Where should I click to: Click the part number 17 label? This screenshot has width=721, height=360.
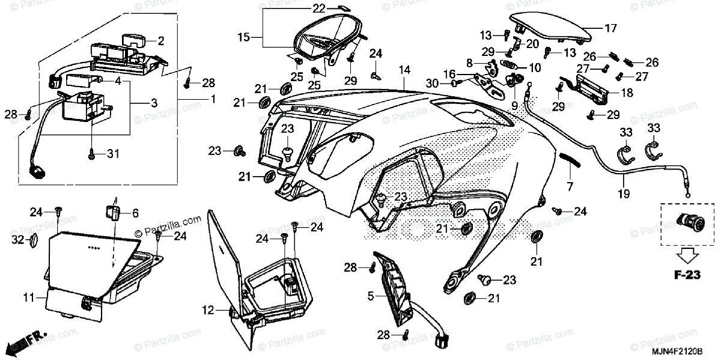tap(610, 28)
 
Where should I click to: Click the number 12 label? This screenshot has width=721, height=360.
tap(207, 311)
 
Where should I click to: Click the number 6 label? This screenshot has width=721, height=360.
tap(135, 212)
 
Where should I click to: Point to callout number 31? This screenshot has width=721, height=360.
tap(113, 154)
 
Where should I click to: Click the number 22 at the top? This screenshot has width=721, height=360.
tap(318, 8)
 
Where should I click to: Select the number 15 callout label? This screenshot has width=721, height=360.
tap(244, 37)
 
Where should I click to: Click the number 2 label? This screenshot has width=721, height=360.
tap(160, 41)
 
